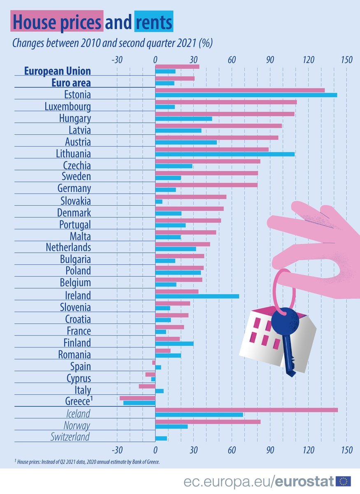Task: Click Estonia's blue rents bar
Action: pos(246,95)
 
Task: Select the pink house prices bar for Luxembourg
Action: pos(226,102)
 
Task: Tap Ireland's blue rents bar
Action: pos(197,296)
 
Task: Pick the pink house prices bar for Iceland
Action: pos(246,410)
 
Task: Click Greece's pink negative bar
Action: pos(137,398)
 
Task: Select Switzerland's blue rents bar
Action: pos(161,438)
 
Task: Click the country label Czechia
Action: pos(77,165)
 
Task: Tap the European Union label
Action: pos(58,71)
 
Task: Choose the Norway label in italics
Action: pos(77,425)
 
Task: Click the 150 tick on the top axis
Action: pos(346,60)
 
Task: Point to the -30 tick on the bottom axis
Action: pos(117,450)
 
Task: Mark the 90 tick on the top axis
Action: pos(270,60)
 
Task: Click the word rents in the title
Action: pos(153,23)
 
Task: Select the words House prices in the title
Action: pos(57,23)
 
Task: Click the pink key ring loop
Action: pos(284,288)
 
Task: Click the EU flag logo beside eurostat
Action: pos(343,481)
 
